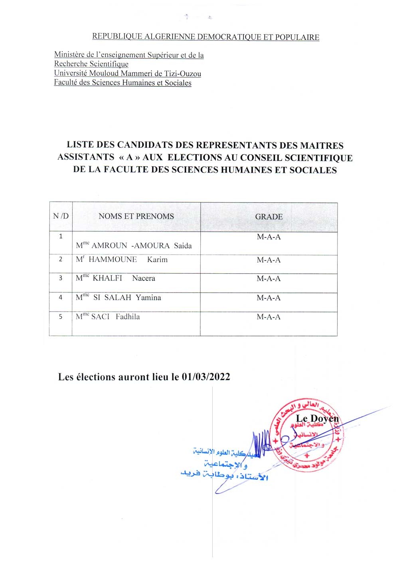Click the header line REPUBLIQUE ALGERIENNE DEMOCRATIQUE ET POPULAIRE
pyautogui.click(x=205, y=37)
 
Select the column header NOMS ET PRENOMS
pyautogui.click(x=136, y=217)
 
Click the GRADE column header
pyautogui.click(x=269, y=217)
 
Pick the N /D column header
pyautogui.click(x=61, y=216)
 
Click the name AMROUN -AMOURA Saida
pyautogui.click(x=141, y=246)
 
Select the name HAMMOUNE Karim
pyautogui.click(x=128, y=260)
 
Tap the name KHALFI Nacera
pyautogui.click(x=124, y=279)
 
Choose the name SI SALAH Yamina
pyautogui.click(x=127, y=298)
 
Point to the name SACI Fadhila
pyautogui.click(x=115, y=317)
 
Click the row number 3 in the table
pyautogui.click(x=61, y=278)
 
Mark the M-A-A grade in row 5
pyautogui.click(x=269, y=317)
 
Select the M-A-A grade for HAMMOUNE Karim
pyautogui.click(x=269, y=260)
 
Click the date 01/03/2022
pyautogui.click(x=206, y=377)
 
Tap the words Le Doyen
pyautogui.click(x=317, y=419)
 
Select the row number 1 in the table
pyautogui.click(x=61, y=236)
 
